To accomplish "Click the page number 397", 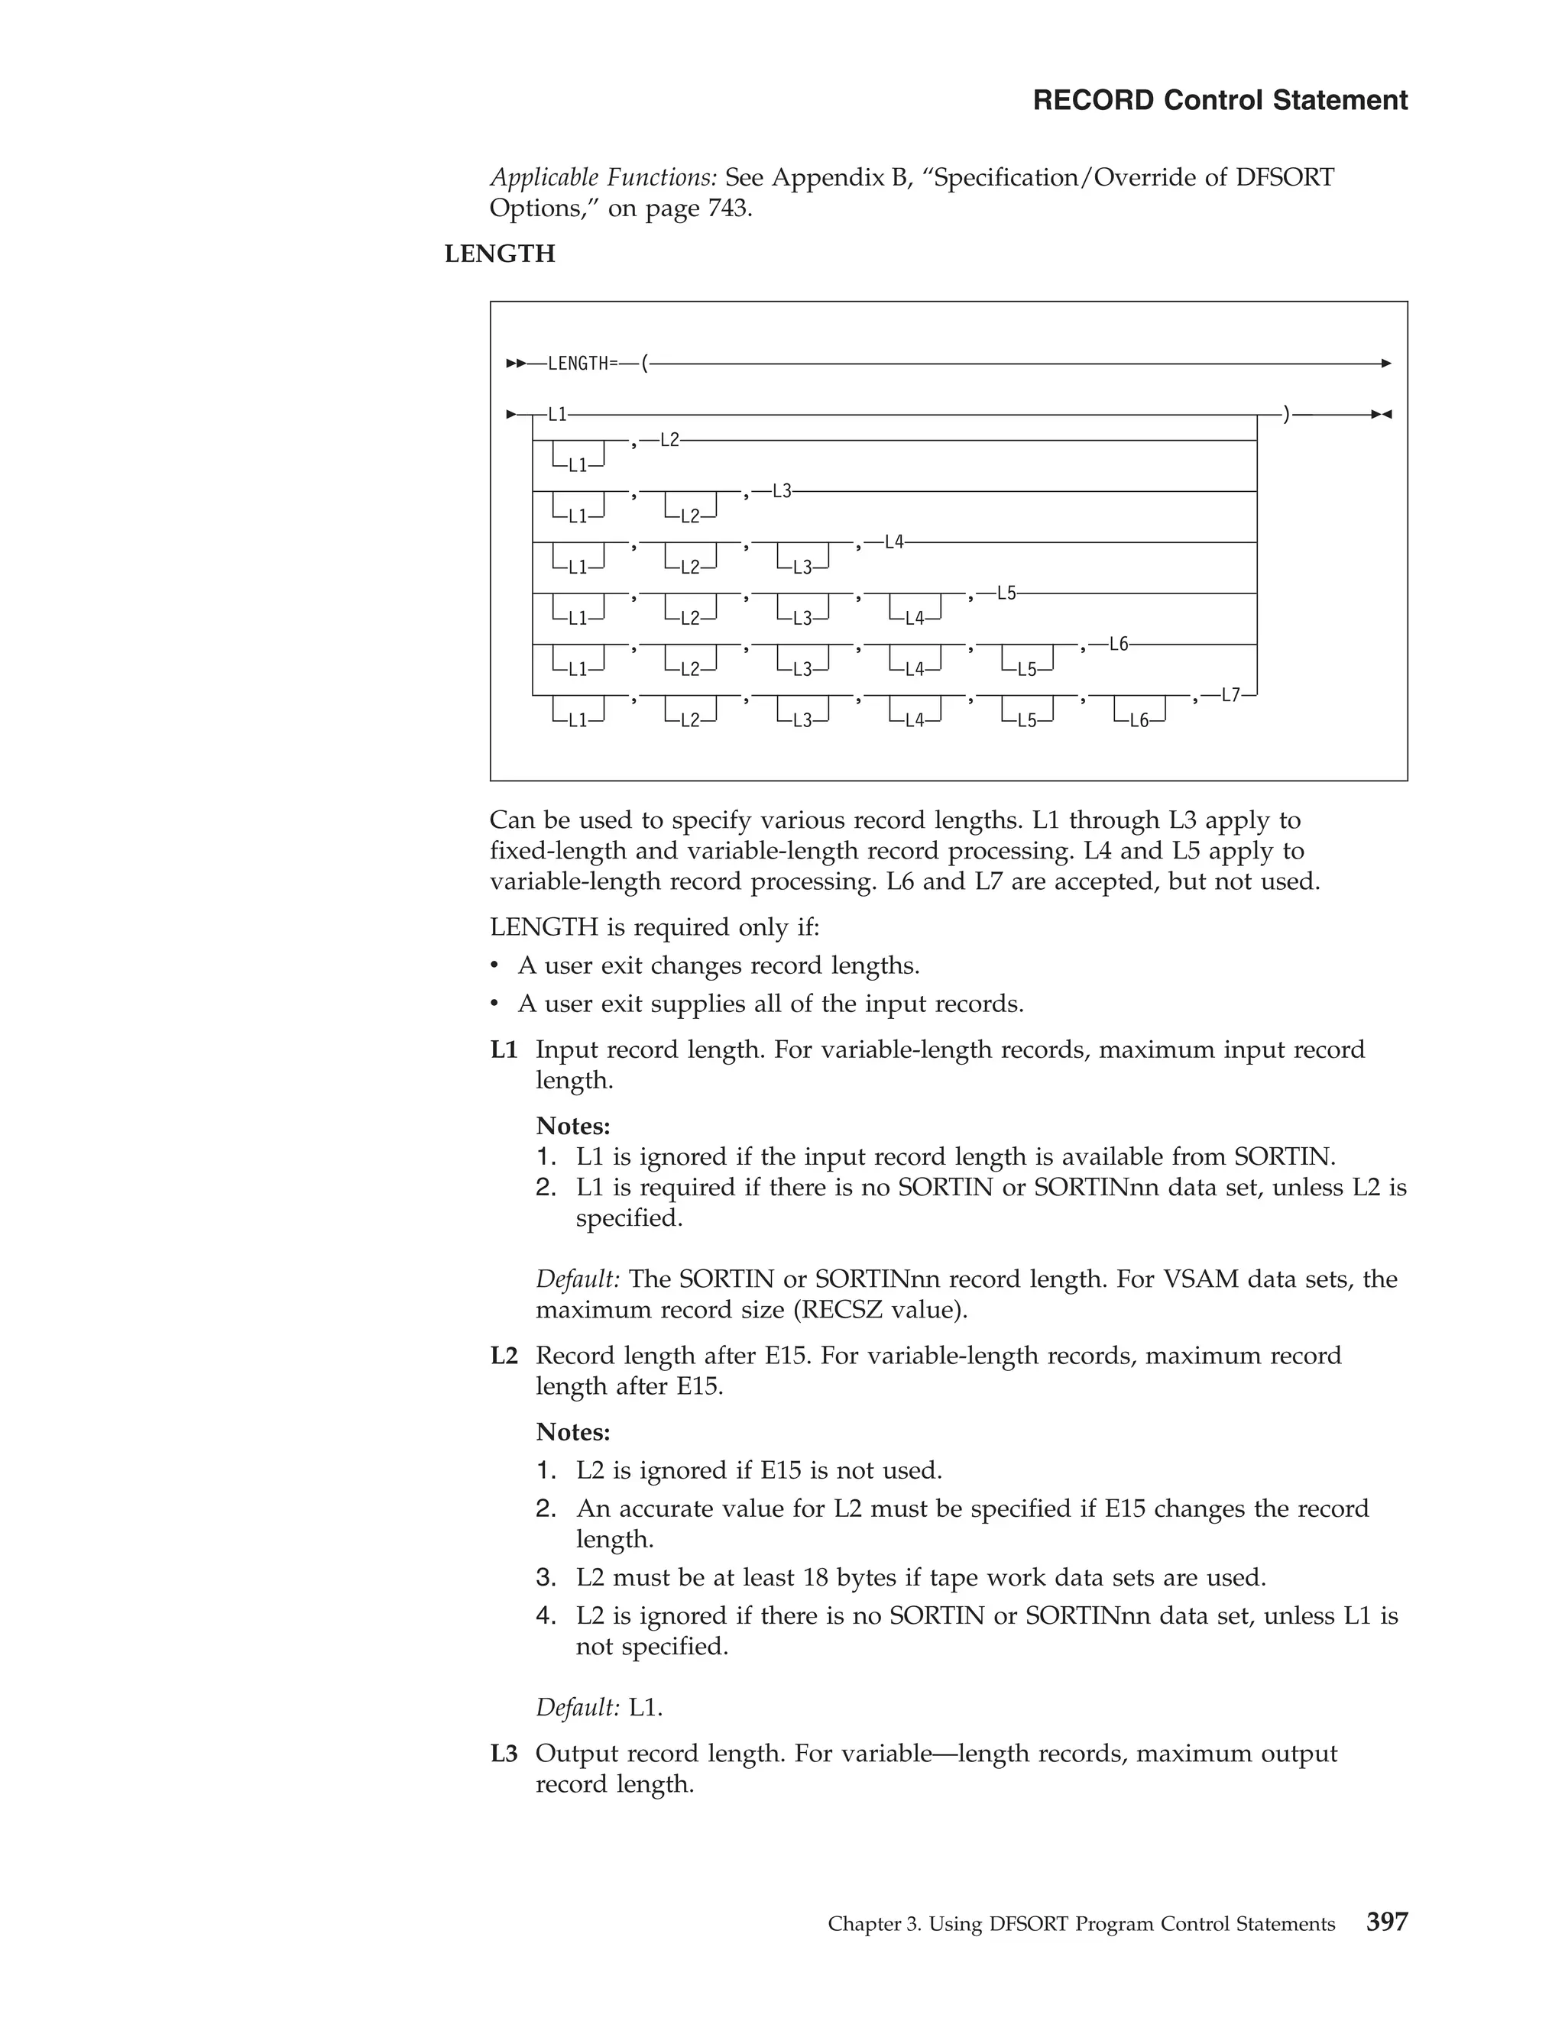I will pyautogui.click(x=1386, y=1922).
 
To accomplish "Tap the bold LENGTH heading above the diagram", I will pyautogui.click(x=500, y=254).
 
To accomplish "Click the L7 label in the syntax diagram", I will pyautogui.click(x=1231, y=695).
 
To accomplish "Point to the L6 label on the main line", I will pyautogui.click(x=1119, y=644).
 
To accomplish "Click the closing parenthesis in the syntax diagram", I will pyautogui.click(x=1286, y=414).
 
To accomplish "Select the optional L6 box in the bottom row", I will pyautogui.click(x=1139, y=720).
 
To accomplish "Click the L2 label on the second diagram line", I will pyautogui.click(x=669, y=440).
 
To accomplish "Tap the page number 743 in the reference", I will pyautogui.click(x=727, y=209).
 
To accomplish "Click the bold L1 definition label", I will pyautogui.click(x=504, y=1050).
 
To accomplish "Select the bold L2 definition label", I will pyautogui.click(x=504, y=1356).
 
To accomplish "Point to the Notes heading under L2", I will pyautogui.click(x=573, y=1433).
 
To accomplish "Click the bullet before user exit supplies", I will pyautogui.click(x=495, y=1004).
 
